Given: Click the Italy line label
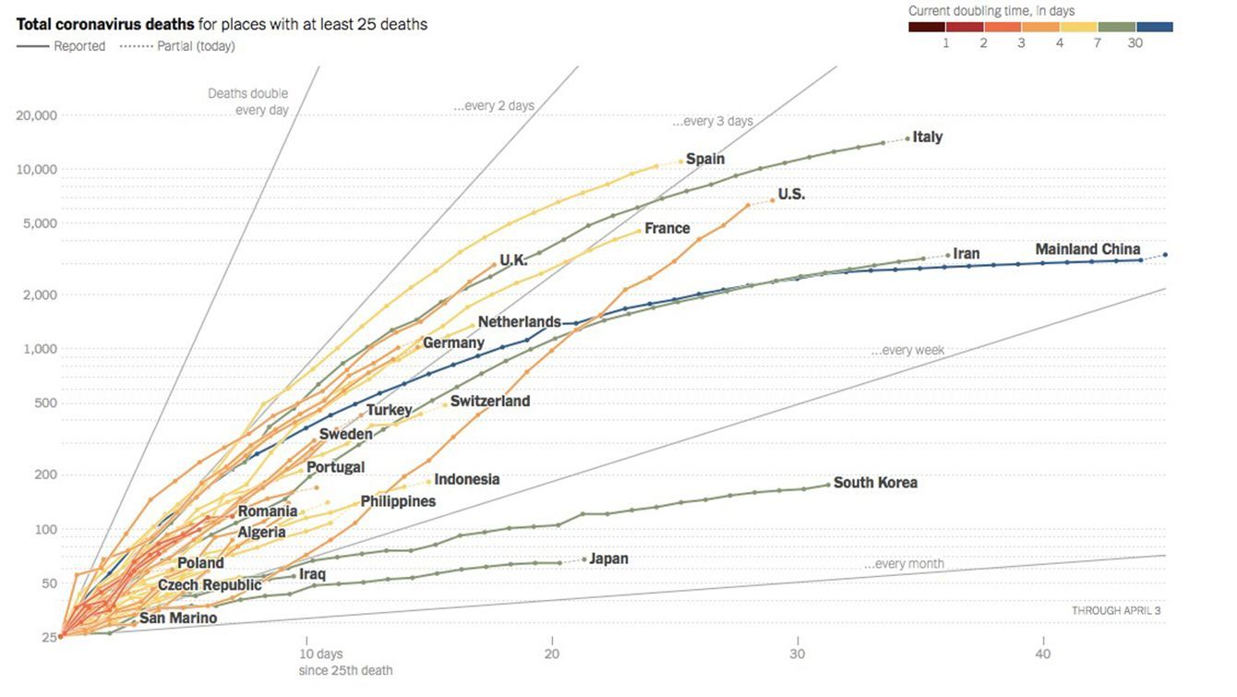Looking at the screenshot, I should [928, 137].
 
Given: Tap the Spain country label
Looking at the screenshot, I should [705, 159].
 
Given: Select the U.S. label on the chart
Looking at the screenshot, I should [791, 194].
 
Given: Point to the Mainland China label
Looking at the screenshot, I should [1087, 249].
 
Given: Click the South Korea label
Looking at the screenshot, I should [875, 482].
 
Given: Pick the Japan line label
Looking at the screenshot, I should [608, 559].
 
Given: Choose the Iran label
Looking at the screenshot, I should [967, 254].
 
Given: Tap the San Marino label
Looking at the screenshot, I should [178, 618].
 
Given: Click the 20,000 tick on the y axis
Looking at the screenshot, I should [37, 115].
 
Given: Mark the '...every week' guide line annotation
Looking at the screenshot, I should [907, 351].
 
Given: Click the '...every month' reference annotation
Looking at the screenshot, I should [904, 564].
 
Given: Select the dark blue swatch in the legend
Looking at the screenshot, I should [1154, 27].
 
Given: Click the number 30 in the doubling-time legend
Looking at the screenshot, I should [1135, 42].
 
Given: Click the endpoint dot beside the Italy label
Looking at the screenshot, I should [907, 138].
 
